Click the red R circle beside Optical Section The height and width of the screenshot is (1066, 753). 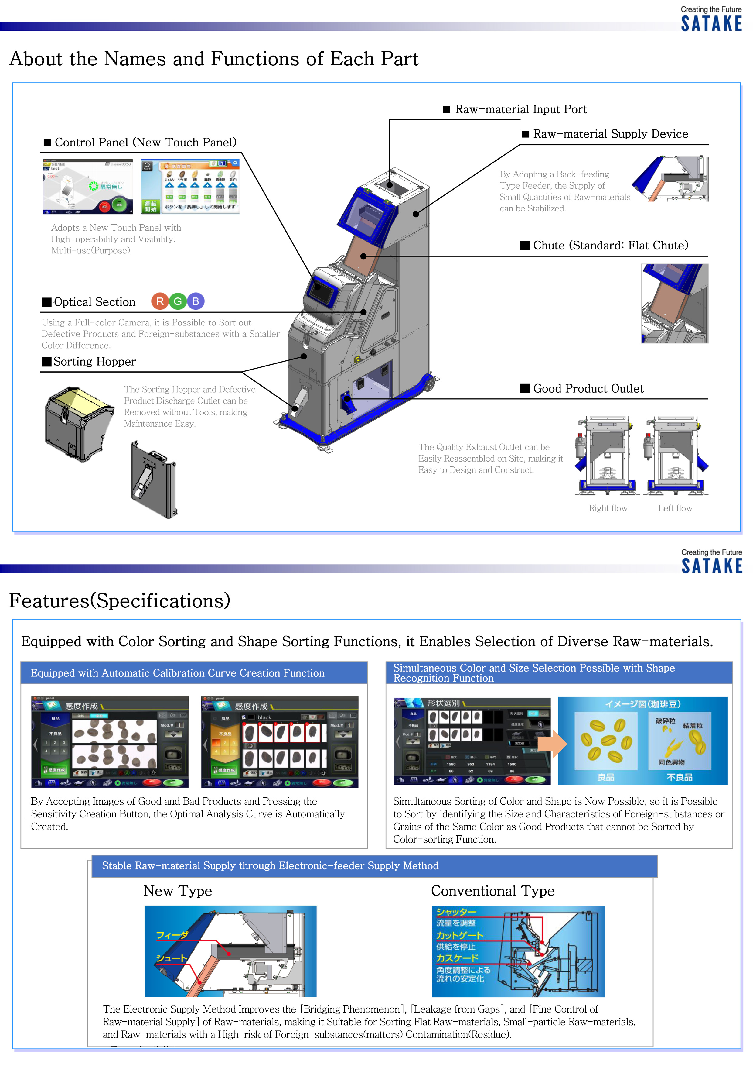[160, 302]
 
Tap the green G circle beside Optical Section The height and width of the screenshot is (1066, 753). [178, 302]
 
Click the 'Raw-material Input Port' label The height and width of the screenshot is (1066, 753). [520, 110]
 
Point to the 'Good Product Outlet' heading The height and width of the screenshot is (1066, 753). [588, 389]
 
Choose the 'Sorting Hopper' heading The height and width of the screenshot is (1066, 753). [94, 362]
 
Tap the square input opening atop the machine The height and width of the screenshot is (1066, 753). [390, 184]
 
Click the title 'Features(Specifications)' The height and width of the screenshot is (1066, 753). [120, 601]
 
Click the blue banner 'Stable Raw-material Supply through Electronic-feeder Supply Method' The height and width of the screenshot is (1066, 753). [374, 866]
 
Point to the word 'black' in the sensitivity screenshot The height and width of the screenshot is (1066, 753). [264, 717]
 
